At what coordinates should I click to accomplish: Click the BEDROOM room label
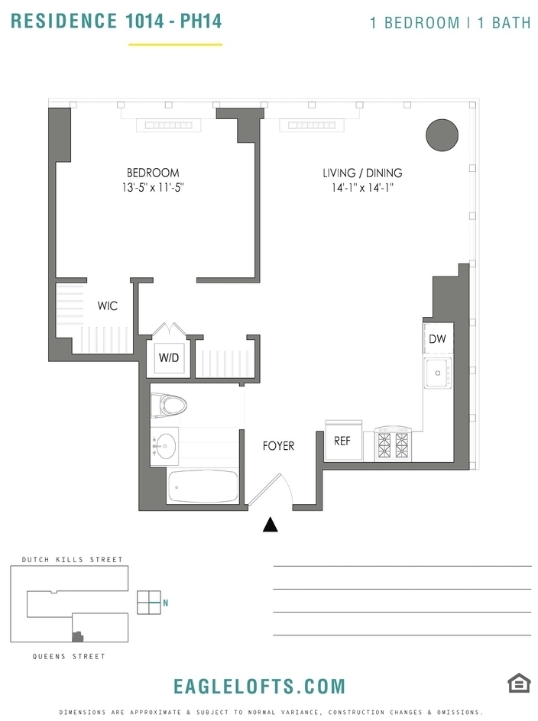(x=153, y=173)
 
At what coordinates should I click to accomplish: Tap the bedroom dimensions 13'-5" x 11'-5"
(x=153, y=188)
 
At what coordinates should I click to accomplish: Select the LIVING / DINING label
(x=362, y=173)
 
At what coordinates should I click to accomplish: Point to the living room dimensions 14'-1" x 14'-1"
(x=362, y=188)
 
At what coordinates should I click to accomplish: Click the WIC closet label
(x=107, y=306)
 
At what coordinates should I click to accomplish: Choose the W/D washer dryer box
(x=168, y=357)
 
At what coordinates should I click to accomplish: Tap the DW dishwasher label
(x=437, y=339)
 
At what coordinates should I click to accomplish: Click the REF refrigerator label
(x=342, y=441)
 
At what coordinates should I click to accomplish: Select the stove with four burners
(x=392, y=445)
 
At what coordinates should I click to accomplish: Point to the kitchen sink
(x=438, y=373)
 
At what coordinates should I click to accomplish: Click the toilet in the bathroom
(x=168, y=405)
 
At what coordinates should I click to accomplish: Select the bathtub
(x=203, y=487)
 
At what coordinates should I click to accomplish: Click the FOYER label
(x=278, y=445)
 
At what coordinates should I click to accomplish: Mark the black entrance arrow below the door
(x=271, y=525)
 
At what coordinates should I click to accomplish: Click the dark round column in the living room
(x=442, y=134)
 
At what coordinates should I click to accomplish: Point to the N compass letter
(x=165, y=603)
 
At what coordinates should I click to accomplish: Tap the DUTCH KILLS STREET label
(x=73, y=560)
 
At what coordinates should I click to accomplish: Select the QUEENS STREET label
(x=69, y=656)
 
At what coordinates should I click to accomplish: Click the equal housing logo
(x=519, y=683)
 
